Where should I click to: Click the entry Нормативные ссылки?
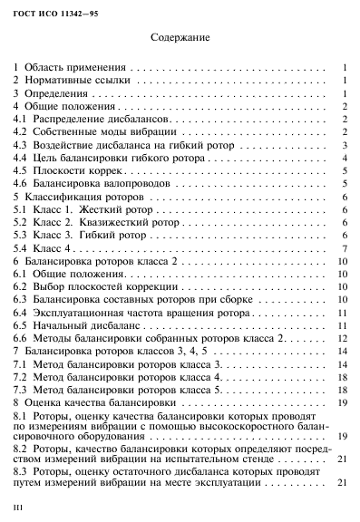point(77,81)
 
